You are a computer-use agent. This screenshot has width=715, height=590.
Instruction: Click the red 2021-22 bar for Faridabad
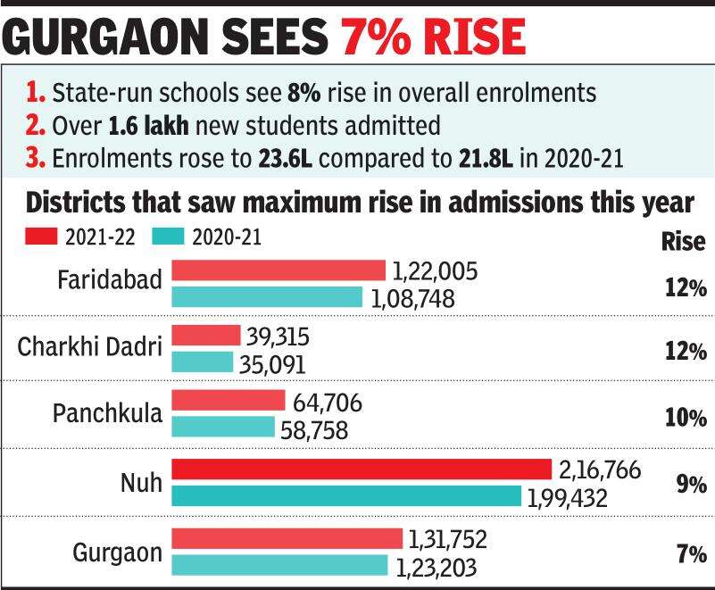pyautogui.click(x=279, y=270)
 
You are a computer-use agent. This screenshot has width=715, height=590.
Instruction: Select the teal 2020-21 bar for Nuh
pyautogui.click(x=346, y=496)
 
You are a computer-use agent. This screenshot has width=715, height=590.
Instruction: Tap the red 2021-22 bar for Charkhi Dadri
pyautogui.click(x=206, y=336)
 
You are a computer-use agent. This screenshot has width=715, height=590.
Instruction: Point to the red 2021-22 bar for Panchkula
pyautogui.click(x=228, y=402)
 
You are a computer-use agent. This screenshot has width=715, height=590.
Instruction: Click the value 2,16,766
pyautogui.click(x=601, y=470)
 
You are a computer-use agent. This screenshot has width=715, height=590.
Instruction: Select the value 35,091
pyautogui.click(x=271, y=364)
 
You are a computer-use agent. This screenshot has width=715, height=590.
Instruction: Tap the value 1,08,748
pyautogui.click(x=412, y=298)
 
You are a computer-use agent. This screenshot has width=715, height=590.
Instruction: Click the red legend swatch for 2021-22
pyautogui.click(x=40, y=237)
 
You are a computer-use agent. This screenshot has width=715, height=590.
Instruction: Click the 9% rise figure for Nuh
pyautogui.click(x=691, y=485)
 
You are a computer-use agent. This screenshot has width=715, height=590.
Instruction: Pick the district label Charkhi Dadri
pyautogui.click(x=89, y=346)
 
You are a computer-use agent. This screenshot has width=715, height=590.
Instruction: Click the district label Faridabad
pyautogui.click(x=110, y=279)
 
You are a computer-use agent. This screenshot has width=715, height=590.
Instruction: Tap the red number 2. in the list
pyautogui.click(x=36, y=125)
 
